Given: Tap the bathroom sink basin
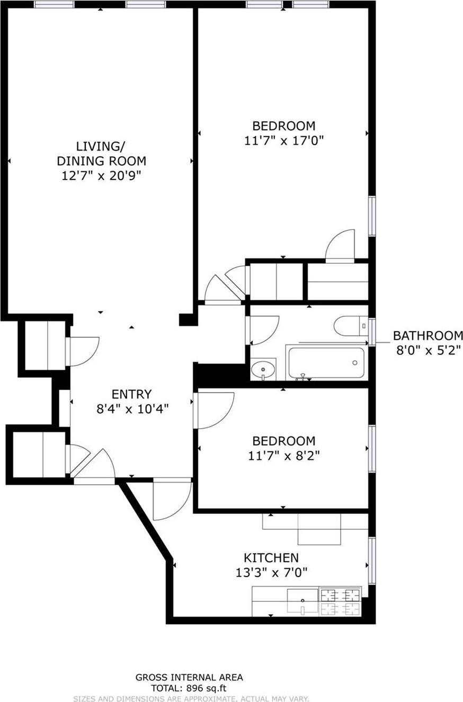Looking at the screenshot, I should pyautogui.click(x=263, y=370).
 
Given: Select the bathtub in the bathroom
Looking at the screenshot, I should pyautogui.click(x=326, y=363).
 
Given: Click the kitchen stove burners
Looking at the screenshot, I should pyautogui.click(x=340, y=602).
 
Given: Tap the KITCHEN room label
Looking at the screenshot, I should pyautogui.click(x=271, y=557).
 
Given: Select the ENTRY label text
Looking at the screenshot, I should pyautogui.click(x=131, y=394).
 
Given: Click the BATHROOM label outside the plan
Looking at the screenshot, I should pyautogui.click(x=428, y=335).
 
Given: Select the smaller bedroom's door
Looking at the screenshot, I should pyautogui.click(x=215, y=411).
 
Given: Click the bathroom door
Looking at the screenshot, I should pyautogui.click(x=263, y=330).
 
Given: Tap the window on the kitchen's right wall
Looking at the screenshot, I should pyautogui.click(x=372, y=561).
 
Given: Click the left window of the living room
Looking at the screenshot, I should pyautogui.click(x=54, y=5).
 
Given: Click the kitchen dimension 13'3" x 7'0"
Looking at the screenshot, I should pyautogui.click(x=271, y=572).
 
